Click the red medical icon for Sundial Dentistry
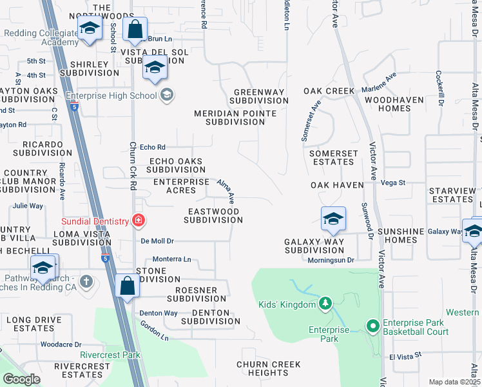(x=138, y=221)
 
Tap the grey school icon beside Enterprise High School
(x=167, y=95)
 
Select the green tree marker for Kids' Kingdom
(x=326, y=304)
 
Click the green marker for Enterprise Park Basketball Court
(x=372, y=327)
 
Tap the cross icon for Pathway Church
(x=86, y=281)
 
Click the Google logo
(x=21, y=379)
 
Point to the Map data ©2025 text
(x=454, y=382)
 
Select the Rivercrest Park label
(x=110, y=354)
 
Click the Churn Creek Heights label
(x=269, y=368)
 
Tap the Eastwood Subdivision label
(x=213, y=215)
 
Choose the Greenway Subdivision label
(x=258, y=96)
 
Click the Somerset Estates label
(x=333, y=157)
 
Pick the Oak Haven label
(x=333, y=185)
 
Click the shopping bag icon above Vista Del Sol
(x=135, y=30)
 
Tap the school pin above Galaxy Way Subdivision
(x=333, y=221)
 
